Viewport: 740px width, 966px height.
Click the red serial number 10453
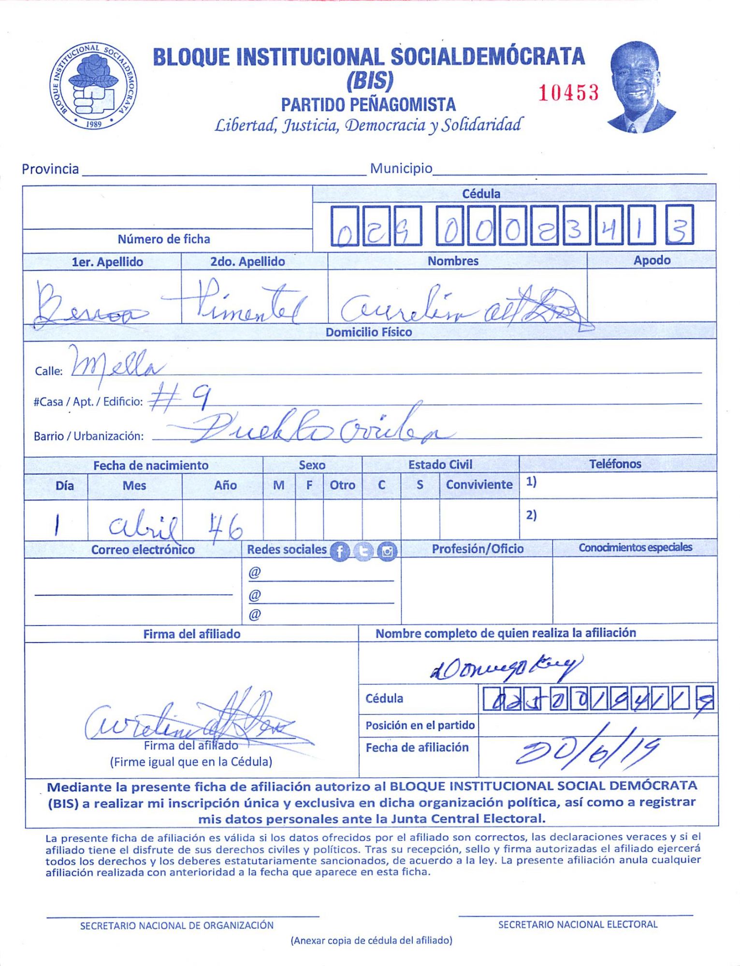click(x=568, y=92)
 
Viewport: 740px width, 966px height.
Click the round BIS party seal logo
click(x=93, y=86)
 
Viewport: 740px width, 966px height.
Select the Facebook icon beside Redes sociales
click(x=339, y=551)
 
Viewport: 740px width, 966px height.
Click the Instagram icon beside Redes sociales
click(x=387, y=551)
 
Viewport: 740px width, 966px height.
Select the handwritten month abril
click(x=143, y=526)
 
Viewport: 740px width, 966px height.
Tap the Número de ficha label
click(x=164, y=239)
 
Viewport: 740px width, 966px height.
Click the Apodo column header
click(x=652, y=260)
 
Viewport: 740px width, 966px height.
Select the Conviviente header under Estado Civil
click(x=479, y=484)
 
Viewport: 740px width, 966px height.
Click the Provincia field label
click(x=50, y=169)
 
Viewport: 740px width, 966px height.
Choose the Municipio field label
click(x=401, y=169)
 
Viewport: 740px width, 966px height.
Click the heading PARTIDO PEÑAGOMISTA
click(x=368, y=104)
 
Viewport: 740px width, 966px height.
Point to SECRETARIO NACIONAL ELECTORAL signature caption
click(x=578, y=924)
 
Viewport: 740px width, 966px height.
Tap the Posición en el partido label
click(x=420, y=725)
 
